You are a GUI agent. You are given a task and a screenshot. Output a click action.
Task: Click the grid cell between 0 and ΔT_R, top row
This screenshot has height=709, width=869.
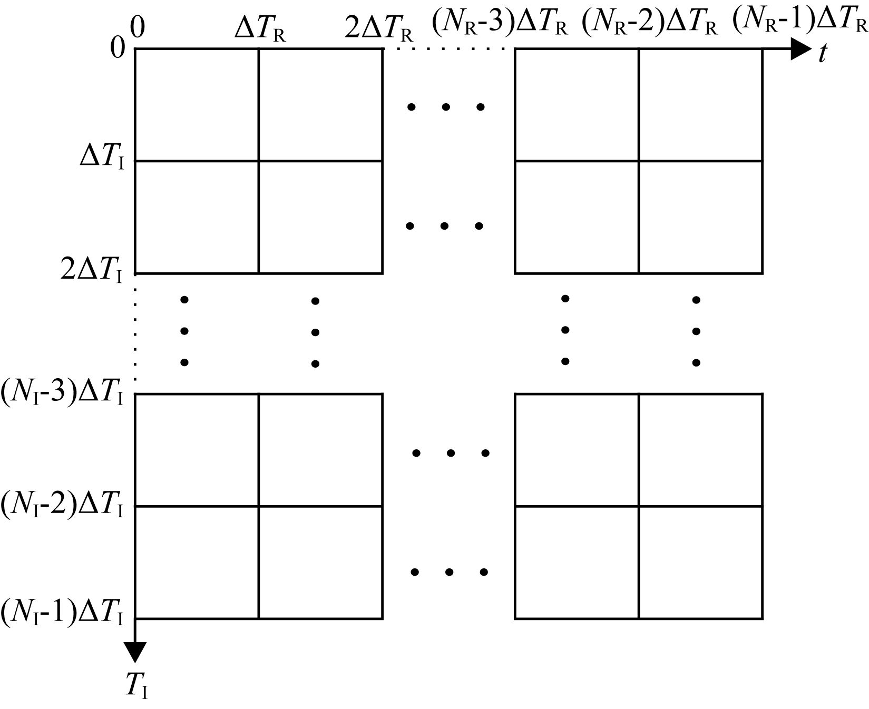[x=197, y=105]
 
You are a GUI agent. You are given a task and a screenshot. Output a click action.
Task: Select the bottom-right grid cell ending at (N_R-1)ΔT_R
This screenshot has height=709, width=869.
[x=700, y=563]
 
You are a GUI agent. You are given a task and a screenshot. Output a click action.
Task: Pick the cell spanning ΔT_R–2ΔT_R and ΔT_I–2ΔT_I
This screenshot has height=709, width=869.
[x=320, y=217]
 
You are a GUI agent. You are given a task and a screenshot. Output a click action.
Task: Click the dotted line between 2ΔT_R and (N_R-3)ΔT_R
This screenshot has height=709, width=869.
[x=448, y=50]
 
